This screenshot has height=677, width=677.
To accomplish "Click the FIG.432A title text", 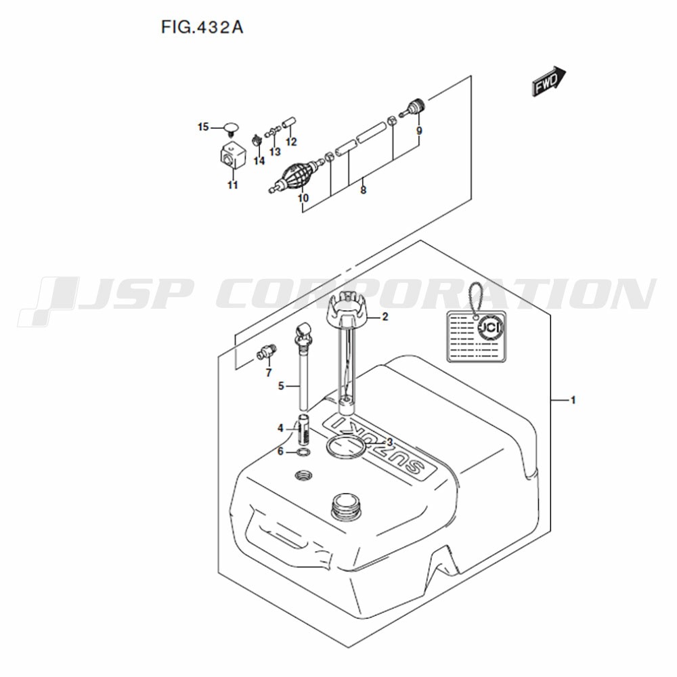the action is (x=202, y=28).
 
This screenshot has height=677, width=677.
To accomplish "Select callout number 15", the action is (x=203, y=127).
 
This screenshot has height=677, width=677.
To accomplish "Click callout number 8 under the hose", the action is (x=363, y=190).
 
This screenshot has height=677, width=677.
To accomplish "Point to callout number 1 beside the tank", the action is (x=573, y=400).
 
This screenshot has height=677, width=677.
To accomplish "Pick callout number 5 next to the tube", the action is (x=281, y=386).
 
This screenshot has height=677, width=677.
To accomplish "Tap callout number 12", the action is (x=291, y=141).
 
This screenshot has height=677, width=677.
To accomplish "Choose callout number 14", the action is (x=259, y=161).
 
